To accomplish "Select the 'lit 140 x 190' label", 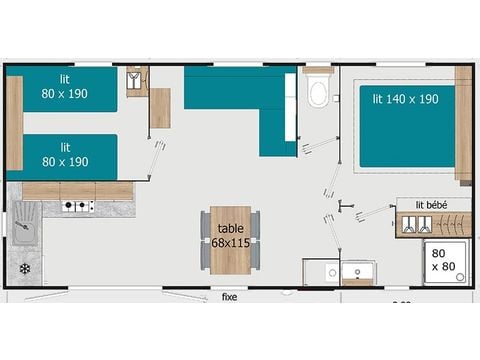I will click(x=406, y=100).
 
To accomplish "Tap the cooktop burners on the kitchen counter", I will click(x=78, y=207).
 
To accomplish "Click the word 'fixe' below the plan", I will click(x=230, y=296).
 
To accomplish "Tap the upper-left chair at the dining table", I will click(x=205, y=222).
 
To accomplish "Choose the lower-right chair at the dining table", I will click(x=256, y=256).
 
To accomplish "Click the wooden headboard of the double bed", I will click(x=463, y=124).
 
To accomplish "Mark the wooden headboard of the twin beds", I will click(x=14, y=122).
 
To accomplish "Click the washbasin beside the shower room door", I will click(x=356, y=271).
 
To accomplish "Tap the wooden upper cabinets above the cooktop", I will click(x=78, y=190).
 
